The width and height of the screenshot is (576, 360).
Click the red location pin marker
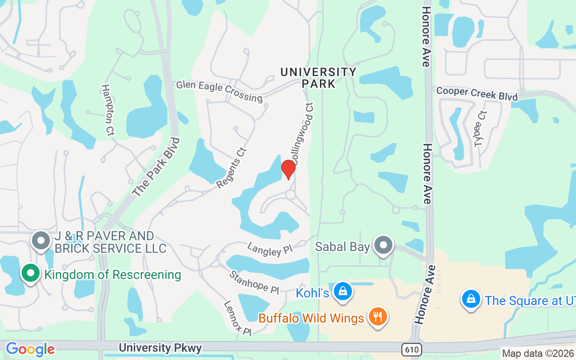point(288,169)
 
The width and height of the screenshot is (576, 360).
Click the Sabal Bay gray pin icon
point(383,245)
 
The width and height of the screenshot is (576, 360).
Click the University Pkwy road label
point(161,348)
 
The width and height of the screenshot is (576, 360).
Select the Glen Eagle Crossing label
point(219,91)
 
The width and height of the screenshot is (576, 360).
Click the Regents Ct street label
point(232,168)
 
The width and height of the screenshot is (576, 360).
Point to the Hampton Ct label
point(108,110)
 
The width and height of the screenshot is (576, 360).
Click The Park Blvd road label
point(157,166)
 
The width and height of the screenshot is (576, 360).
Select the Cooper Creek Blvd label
point(477,94)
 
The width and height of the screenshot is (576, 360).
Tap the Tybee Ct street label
point(481,129)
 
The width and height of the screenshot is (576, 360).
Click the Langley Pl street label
point(270,249)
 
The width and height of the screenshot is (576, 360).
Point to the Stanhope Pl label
point(254,282)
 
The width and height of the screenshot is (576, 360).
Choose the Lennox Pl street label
point(238,318)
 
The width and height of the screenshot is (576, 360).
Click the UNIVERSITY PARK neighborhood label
point(319,77)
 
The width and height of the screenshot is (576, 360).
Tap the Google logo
point(30,349)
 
